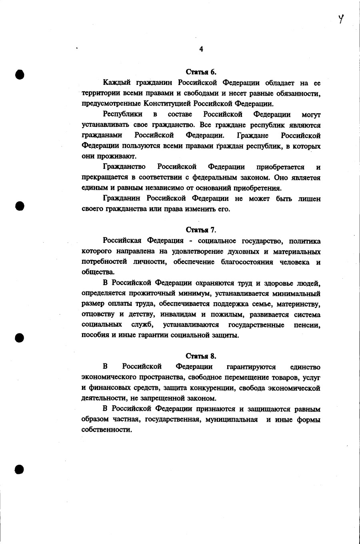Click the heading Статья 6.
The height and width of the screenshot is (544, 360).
tap(201, 72)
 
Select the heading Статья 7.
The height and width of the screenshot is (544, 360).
tap(201, 230)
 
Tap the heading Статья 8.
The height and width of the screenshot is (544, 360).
tap(201, 356)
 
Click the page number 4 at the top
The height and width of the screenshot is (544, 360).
tap(201, 49)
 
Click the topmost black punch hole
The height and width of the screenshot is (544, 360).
tap(19, 74)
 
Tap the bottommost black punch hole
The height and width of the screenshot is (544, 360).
tap(19, 469)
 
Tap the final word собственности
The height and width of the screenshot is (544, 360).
tap(106, 430)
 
